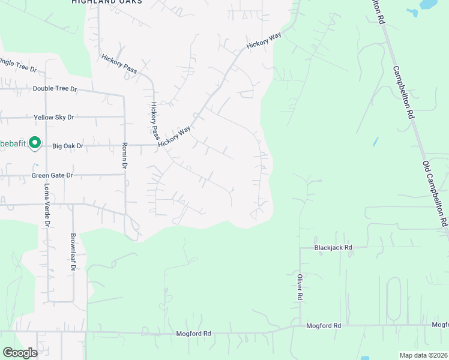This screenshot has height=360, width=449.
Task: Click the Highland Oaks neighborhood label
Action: click(x=107, y=2)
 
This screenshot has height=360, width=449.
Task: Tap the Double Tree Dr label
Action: click(x=55, y=89)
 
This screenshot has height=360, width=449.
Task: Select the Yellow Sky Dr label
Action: click(x=54, y=117)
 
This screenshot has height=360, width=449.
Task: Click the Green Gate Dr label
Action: click(x=52, y=175)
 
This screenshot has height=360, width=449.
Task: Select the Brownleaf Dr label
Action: click(x=73, y=251)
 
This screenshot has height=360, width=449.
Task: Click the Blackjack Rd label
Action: click(x=333, y=247)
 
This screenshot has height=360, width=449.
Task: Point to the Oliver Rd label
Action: click(x=299, y=287)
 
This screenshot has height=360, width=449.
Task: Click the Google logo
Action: click(x=20, y=353)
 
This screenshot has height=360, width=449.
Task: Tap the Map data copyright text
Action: click(x=423, y=355)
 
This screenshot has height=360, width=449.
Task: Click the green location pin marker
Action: click(x=35, y=143)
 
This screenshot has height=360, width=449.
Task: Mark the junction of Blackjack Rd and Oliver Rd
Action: click(x=300, y=247)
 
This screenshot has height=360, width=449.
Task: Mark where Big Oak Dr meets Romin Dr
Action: click(x=125, y=145)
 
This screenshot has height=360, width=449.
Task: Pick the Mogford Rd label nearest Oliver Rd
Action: click(x=324, y=326)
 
